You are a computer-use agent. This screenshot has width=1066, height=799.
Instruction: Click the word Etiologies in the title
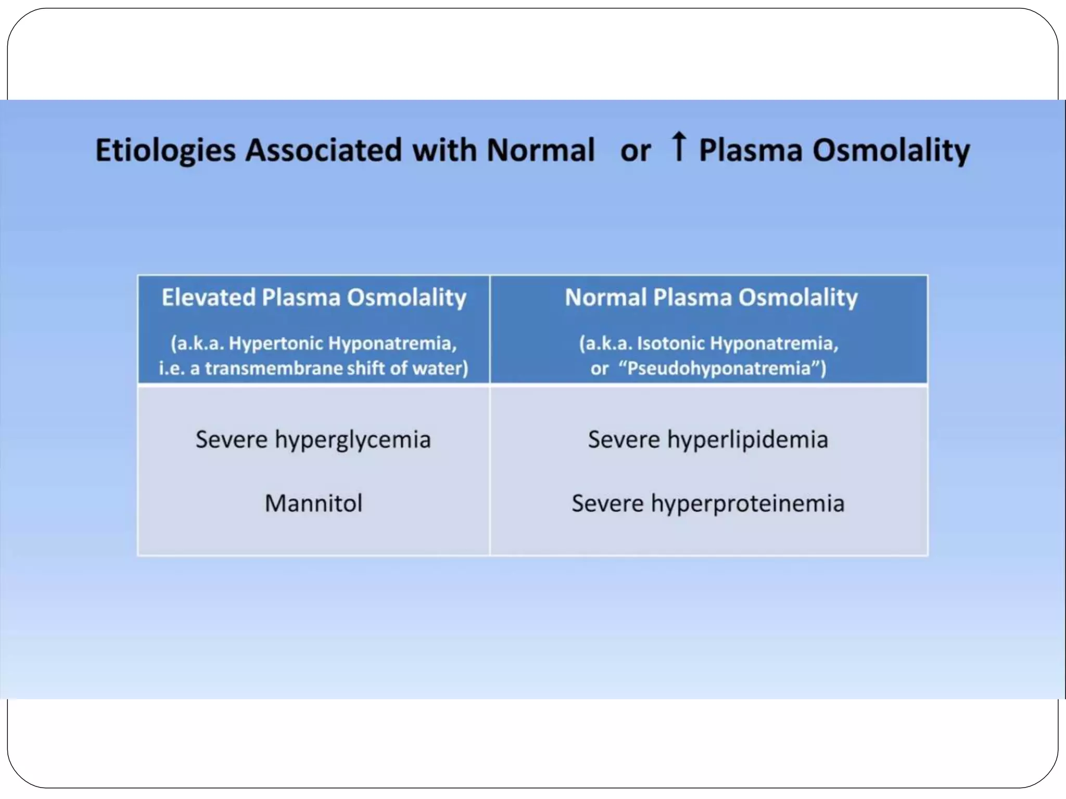pos(166,151)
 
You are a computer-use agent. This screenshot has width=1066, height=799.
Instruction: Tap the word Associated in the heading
pos(324,150)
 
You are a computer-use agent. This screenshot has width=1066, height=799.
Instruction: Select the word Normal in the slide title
pos(540,150)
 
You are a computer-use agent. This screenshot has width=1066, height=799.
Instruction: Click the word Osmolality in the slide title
pos(891,151)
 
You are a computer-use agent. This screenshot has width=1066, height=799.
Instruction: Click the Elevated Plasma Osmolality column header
pos(314,298)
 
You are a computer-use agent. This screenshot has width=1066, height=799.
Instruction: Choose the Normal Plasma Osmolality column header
pos(711,298)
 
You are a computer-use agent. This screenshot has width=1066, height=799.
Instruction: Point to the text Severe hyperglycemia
pos(313,440)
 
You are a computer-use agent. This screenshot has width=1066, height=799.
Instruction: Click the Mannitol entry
pos(313,504)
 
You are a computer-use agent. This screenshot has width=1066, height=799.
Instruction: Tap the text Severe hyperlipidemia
pos(708,440)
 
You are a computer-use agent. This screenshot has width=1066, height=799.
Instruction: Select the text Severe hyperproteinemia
pos(708,504)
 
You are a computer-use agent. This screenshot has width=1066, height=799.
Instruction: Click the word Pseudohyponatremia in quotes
pos(719,368)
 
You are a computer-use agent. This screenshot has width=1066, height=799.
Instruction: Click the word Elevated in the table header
pos(208,298)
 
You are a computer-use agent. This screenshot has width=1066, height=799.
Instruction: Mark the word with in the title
pos(444,150)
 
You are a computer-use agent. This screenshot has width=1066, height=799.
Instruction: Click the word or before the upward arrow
pos(635,151)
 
